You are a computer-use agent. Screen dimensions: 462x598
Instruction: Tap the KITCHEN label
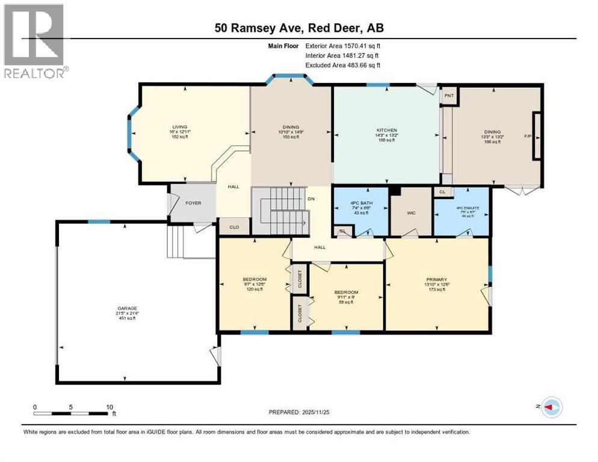click(387, 131)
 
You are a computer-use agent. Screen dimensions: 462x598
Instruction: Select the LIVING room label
click(179, 127)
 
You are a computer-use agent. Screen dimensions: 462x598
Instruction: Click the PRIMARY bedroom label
click(436, 280)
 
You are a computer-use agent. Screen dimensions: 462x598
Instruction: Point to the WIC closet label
click(412, 212)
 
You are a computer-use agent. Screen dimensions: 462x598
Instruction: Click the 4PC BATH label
click(361, 202)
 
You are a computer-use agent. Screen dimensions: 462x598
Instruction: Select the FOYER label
click(193, 203)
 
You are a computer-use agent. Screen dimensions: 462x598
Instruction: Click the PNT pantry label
click(449, 96)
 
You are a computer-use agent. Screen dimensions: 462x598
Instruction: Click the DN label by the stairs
click(311, 198)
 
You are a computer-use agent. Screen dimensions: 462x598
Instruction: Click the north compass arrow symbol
click(550, 407)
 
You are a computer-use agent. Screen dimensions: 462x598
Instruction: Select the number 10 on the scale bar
click(109, 407)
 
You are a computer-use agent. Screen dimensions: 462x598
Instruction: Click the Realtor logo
click(35, 41)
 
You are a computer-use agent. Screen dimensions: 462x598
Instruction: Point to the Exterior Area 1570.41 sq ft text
click(343, 45)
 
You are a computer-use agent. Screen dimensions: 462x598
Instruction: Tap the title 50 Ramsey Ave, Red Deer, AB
click(298, 28)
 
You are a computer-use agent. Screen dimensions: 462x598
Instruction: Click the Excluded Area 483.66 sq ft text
click(343, 65)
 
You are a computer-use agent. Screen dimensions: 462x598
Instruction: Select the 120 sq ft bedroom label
click(254, 289)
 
